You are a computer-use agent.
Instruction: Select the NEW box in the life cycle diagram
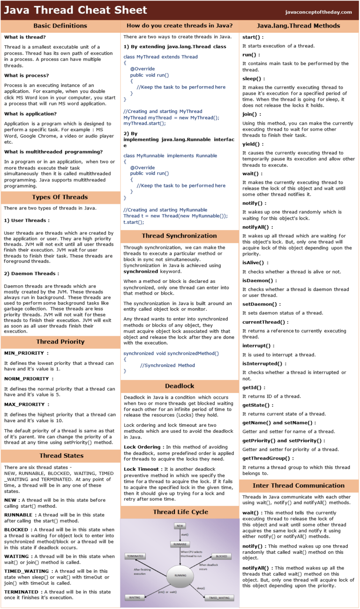[180, 526]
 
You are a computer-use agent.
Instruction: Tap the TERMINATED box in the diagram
[135, 556]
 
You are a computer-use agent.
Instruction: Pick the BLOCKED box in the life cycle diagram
[221, 556]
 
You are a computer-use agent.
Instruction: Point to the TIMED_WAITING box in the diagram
[220, 598]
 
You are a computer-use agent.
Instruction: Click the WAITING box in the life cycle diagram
[135, 598]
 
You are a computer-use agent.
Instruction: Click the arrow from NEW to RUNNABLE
[180, 535]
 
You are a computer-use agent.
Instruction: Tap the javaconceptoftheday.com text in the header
[318, 12]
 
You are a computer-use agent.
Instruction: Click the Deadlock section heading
[180, 386]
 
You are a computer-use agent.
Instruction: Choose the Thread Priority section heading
[60, 342]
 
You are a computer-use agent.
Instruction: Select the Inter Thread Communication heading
[299, 485]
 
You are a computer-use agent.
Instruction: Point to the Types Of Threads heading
[60, 197]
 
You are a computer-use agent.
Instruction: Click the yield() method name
[253, 144]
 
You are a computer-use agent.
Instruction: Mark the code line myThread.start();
[145, 123]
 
